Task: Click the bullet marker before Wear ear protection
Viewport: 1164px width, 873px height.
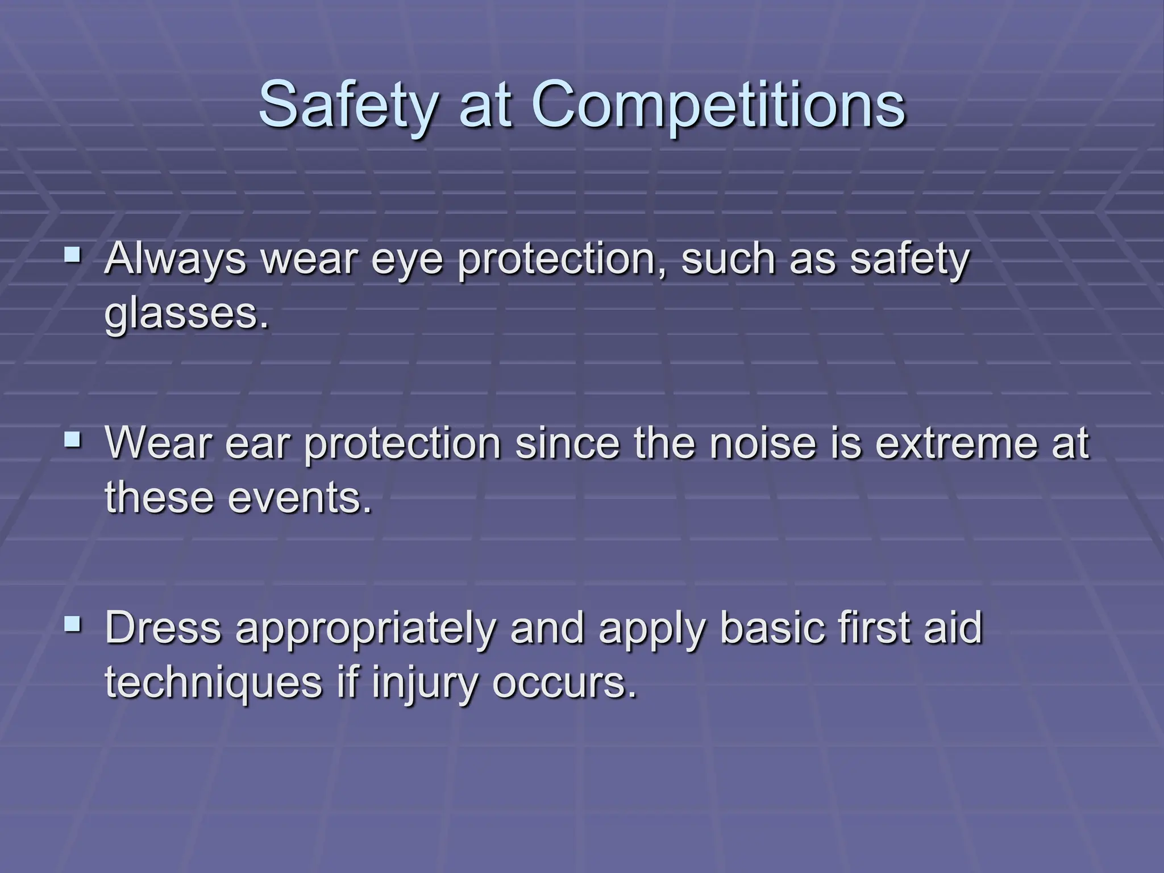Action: (x=73, y=439)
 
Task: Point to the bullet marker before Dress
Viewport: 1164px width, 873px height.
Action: (x=73, y=625)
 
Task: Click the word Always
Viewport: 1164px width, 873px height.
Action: (x=175, y=259)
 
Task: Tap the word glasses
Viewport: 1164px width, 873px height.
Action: (x=186, y=315)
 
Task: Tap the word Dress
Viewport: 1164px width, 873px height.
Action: (x=163, y=629)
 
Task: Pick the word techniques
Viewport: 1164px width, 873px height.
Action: (x=214, y=684)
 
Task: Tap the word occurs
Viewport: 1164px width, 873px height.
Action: (x=563, y=684)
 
